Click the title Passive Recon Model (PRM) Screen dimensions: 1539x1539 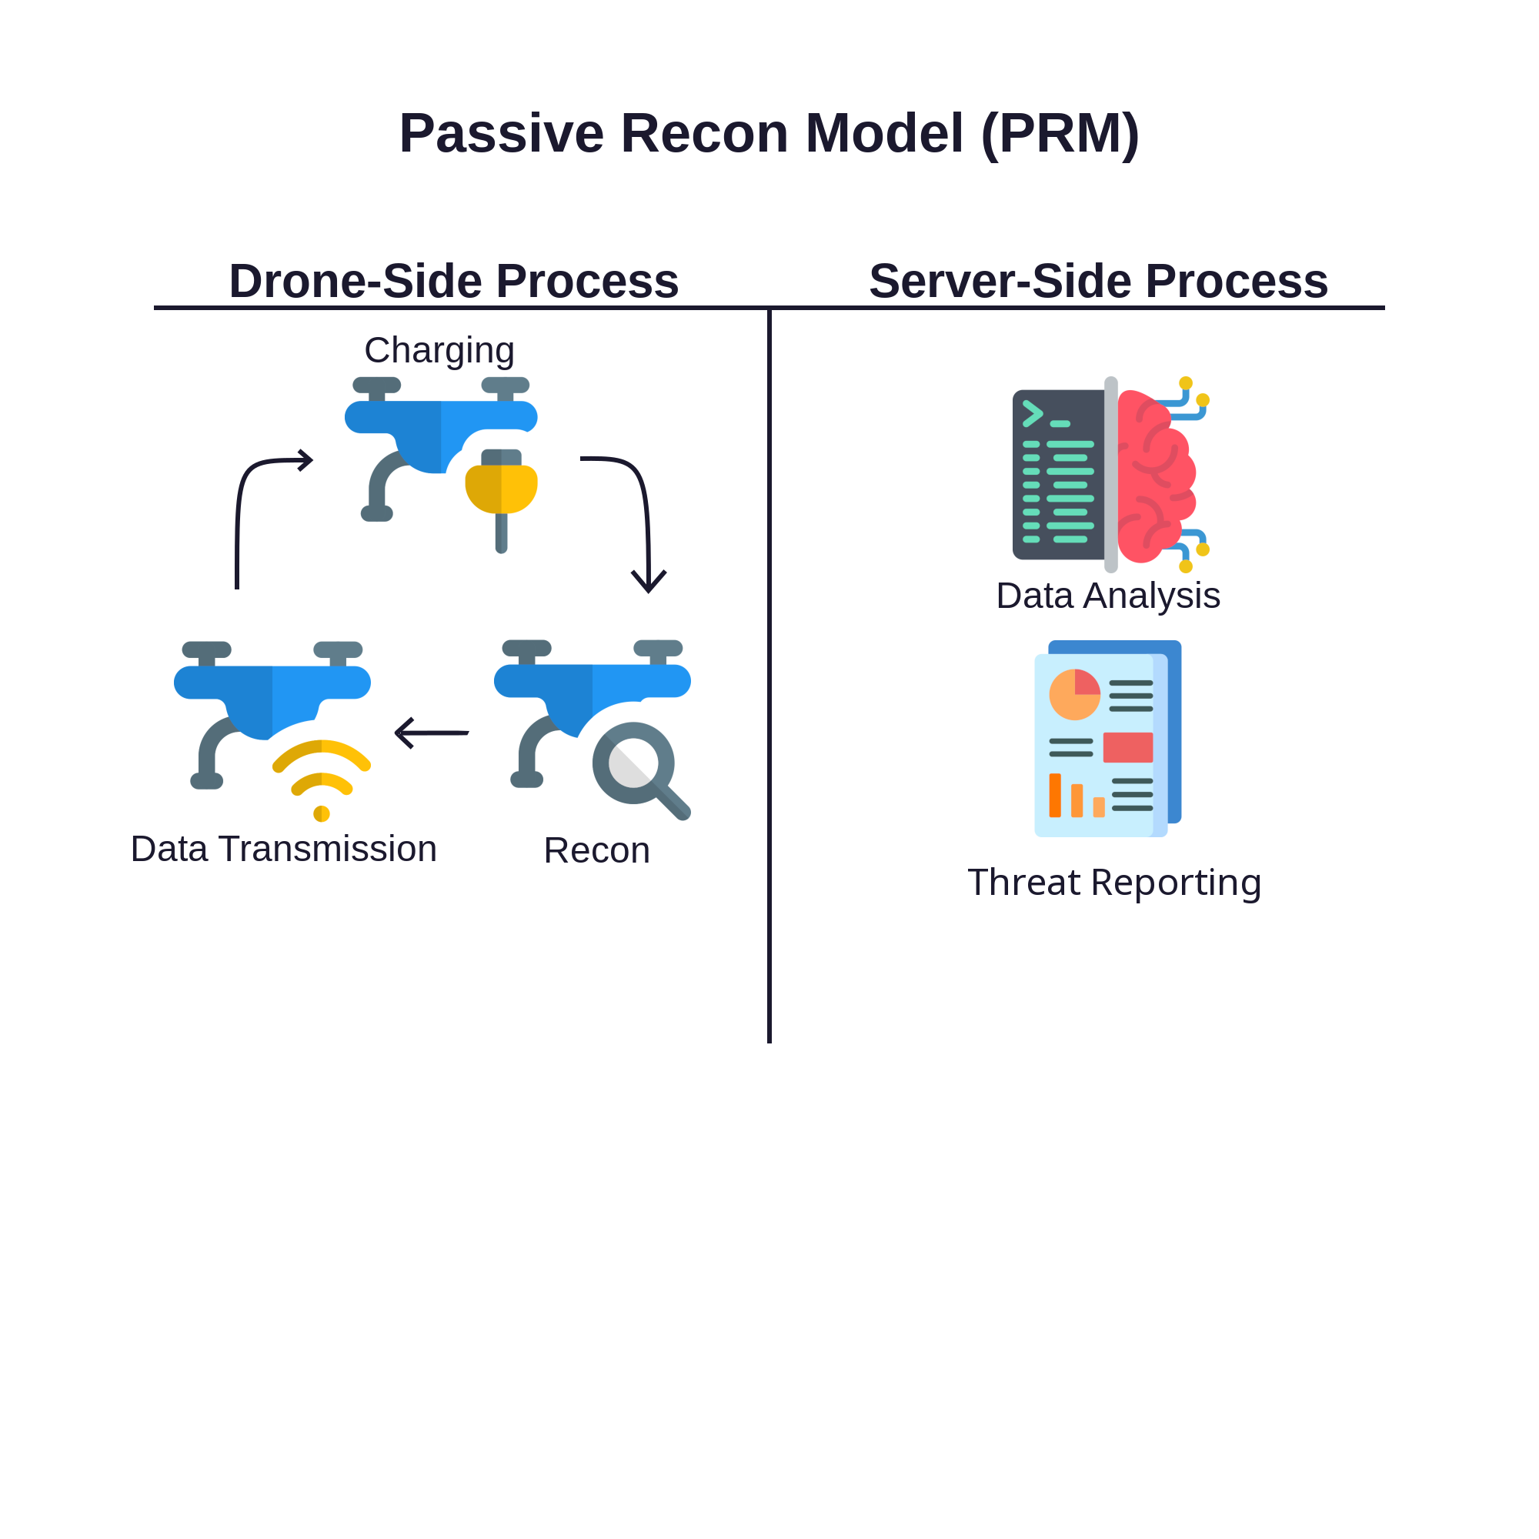[x=769, y=133]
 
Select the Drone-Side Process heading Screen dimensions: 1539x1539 [x=454, y=281]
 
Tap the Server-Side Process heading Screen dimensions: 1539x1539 [x=1098, y=281]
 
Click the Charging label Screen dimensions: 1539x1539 [x=439, y=350]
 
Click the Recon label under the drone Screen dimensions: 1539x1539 [x=596, y=851]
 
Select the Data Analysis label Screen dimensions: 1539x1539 [x=1107, y=596]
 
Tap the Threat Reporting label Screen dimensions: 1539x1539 [x=1113, y=883]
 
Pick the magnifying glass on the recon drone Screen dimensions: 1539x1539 [x=635, y=764]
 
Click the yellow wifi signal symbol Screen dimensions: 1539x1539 [x=322, y=776]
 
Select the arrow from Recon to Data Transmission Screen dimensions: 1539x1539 [x=432, y=733]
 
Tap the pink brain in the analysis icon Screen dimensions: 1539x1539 [x=1155, y=476]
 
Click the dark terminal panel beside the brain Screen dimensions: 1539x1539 [x=1058, y=476]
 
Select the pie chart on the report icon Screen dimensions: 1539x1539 [x=1074, y=695]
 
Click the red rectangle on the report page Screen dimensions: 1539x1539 [x=1127, y=747]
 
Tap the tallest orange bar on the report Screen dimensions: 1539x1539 [x=1055, y=796]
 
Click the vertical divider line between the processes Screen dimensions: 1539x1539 [x=769, y=677]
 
